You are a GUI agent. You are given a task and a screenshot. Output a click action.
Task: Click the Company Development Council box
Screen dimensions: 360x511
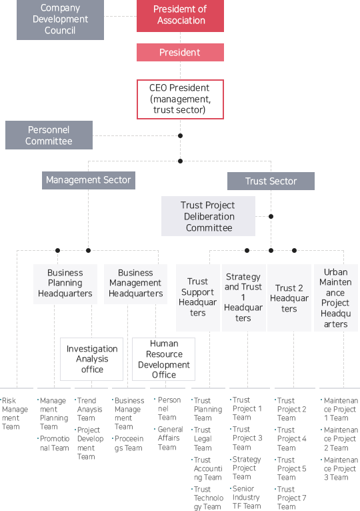coord(60,19)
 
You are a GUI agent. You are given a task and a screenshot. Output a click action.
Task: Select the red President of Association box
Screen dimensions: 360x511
coord(180,15)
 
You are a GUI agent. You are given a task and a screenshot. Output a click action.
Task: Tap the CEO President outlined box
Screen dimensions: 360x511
coord(180,99)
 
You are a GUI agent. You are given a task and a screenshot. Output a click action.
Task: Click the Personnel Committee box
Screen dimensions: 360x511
coord(49,135)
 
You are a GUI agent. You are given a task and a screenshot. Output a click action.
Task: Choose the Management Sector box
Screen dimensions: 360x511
coord(89,180)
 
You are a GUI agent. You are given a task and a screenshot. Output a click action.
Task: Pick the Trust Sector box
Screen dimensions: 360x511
coord(271,181)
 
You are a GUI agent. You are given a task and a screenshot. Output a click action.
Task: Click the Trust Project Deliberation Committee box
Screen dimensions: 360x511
coord(208,216)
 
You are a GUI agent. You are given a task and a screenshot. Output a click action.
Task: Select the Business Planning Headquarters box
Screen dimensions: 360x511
coord(65,284)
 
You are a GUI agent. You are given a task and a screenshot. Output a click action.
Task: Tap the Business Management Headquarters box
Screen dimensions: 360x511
coord(135,284)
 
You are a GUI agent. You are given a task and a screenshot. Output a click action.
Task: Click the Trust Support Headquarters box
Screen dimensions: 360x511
coord(198,298)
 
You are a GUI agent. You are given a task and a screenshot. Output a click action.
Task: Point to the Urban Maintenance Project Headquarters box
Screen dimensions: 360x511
coord(336,298)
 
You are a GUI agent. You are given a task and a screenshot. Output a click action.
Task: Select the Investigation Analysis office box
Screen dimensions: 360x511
coord(92,359)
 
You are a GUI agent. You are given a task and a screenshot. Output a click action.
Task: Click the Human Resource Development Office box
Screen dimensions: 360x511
coord(164,359)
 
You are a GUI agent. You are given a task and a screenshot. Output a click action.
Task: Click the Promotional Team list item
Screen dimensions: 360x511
coord(53,443)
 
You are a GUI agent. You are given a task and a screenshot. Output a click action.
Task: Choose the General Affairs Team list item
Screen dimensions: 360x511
coord(169,438)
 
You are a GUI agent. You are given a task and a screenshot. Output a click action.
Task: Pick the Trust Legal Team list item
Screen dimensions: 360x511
coord(202,439)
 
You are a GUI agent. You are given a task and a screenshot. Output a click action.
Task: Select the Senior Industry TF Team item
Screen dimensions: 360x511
coord(245,497)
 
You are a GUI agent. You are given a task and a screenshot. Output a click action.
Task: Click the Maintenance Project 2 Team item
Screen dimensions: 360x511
coord(339,439)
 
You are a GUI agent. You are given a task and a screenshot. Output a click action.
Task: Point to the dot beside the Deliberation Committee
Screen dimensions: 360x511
coord(271,216)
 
